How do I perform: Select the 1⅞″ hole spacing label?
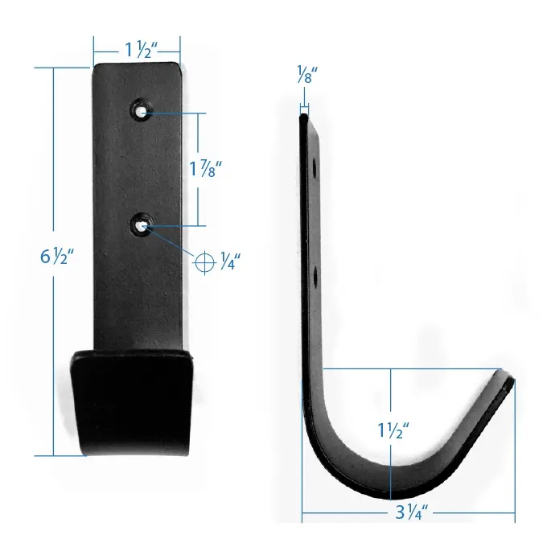point(205,169)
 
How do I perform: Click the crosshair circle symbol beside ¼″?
point(205,260)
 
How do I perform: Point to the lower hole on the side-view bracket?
point(315,275)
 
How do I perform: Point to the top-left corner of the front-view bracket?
point(96,66)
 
